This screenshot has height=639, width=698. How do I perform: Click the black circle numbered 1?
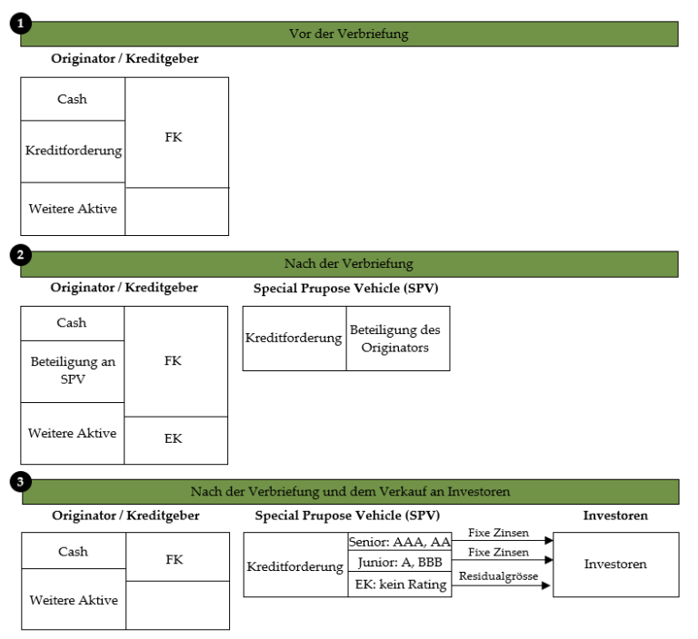pos(21,23)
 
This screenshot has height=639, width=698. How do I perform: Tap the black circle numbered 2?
pos(21,255)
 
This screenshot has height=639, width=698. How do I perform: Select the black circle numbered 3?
pos(21,482)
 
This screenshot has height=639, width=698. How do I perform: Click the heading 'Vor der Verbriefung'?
pos(349,34)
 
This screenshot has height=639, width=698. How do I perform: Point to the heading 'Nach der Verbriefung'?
pos(349,264)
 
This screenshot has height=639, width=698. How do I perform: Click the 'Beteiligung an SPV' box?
pos(73,372)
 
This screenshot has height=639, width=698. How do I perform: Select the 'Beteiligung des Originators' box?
pos(398,339)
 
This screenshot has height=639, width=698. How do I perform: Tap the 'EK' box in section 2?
pos(175,441)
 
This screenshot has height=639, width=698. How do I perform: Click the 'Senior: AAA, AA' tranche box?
pos(400,542)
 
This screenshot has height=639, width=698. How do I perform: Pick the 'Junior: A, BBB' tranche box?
pos(400,562)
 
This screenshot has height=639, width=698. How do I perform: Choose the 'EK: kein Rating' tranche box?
pos(400,585)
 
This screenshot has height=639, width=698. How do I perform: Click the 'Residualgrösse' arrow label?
pos(498,576)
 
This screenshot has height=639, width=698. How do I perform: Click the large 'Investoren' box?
pos(616,565)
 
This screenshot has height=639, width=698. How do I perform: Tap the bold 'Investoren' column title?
pos(615,516)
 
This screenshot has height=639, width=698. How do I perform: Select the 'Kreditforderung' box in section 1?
pos(73,152)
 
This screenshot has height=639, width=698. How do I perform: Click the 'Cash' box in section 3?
pos(74,551)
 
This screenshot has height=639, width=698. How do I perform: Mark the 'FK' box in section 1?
pos(176,133)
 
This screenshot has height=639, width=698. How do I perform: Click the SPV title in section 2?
pos(346,289)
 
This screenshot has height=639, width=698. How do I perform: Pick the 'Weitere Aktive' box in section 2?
pos(73,434)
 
